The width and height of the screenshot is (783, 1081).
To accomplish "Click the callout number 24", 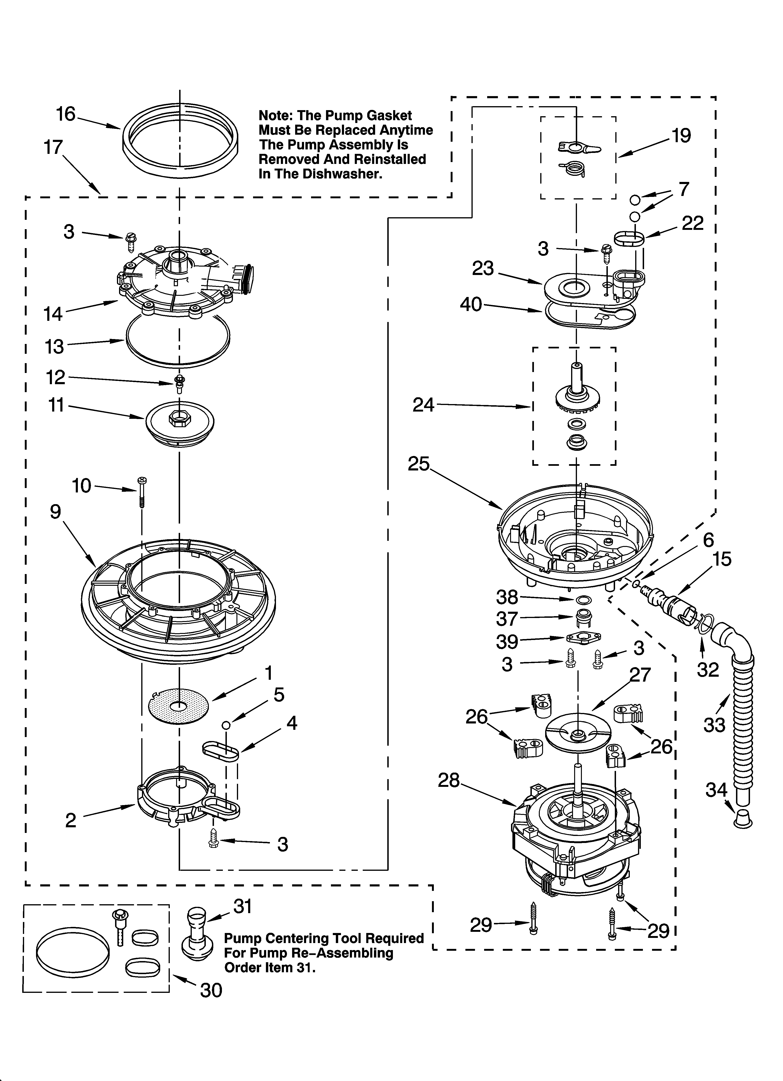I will (424, 405).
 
